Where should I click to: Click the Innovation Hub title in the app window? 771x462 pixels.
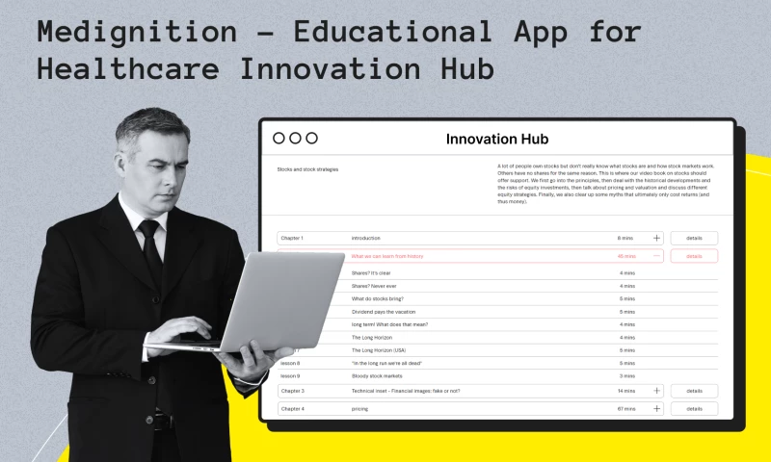496,140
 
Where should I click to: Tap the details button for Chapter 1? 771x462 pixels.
694,238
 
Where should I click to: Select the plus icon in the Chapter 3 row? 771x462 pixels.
657,391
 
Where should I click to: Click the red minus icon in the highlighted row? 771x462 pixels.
657,256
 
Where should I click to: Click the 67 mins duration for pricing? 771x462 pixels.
626,409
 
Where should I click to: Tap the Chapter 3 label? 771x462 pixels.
292,391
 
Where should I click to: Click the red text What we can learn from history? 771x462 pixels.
386,256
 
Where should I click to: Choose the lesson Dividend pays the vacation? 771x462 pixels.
382,312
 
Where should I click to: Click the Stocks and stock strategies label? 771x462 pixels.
307,169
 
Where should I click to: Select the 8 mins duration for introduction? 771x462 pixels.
625,238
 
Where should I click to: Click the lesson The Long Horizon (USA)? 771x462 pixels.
379,350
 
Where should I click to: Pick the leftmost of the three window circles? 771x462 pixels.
279,139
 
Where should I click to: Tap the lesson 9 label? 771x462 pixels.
290,375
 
